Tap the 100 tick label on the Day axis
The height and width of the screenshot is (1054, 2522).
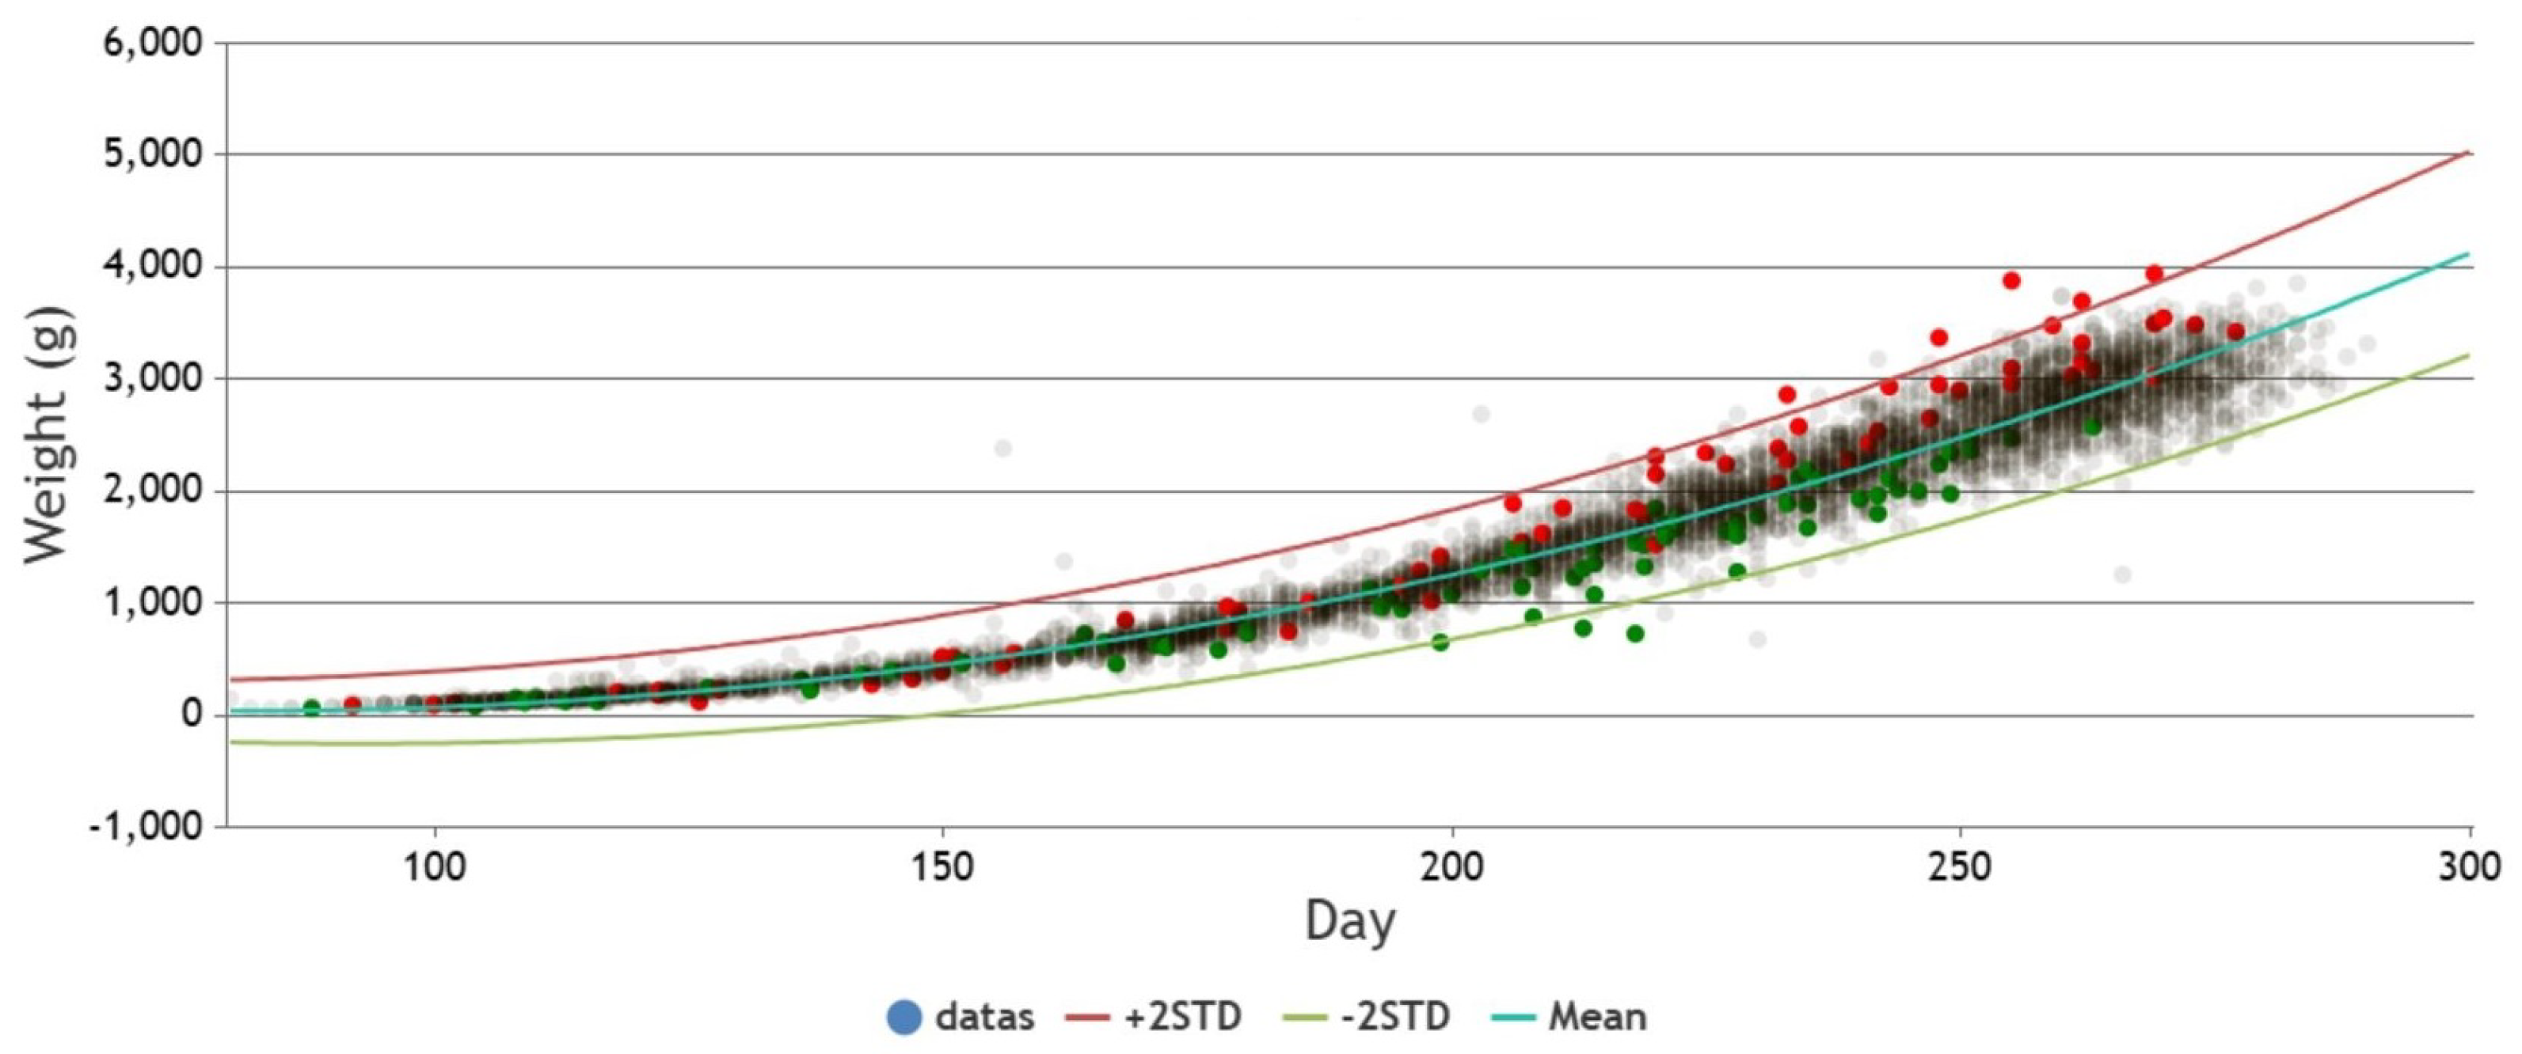[434, 867]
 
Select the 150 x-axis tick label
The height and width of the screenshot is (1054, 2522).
[941, 867]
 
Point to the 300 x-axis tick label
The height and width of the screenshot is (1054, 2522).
[2469, 867]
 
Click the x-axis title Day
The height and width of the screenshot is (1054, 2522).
[1350, 923]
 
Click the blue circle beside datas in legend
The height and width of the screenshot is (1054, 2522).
[904, 1017]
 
